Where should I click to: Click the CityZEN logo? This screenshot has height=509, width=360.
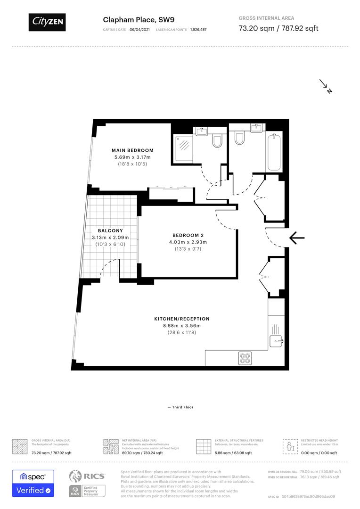(x=47, y=21)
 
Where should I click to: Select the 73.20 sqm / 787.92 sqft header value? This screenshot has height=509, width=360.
(x=278, y=28)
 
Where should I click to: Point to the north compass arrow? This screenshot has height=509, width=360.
(x=326, y=86)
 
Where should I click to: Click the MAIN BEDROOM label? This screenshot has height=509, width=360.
(x=132, y=150)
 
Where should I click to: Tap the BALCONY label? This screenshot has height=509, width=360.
(x=110, y=230)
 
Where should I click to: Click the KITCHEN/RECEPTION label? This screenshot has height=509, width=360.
(x=181, y=319)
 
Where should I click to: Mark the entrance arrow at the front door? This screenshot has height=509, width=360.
(x=297, y=238)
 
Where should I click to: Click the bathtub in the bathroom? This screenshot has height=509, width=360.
(x=275, y=152)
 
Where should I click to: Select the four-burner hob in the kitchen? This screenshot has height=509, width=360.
(x=245, y=358)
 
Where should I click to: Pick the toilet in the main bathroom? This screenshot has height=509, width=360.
(x=239, y=138)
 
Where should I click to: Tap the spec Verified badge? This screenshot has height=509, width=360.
(x=33, y=483)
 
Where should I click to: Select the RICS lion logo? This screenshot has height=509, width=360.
(x=77, y=476)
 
